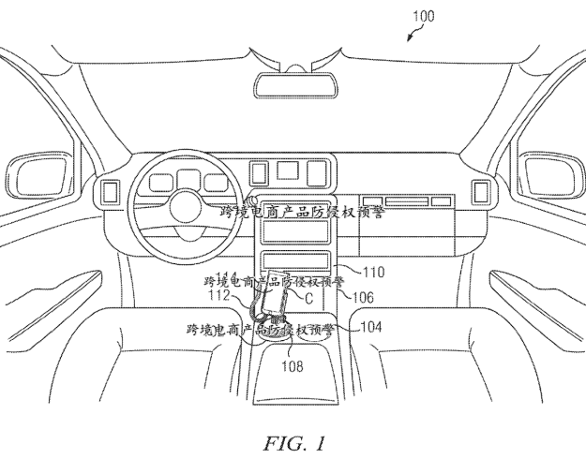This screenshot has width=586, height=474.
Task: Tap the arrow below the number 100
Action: coord(413,35)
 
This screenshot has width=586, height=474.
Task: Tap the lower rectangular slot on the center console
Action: coord(294,260)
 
